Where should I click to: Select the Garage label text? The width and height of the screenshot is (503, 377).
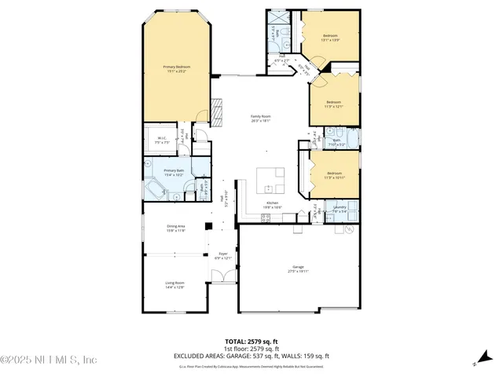point(298,268)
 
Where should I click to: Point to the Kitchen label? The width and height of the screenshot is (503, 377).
point(273,205)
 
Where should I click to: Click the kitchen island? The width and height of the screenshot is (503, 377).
point(273,183)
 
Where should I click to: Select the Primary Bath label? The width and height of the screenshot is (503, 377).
point(174,172)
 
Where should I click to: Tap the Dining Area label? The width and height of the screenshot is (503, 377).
point(175,229)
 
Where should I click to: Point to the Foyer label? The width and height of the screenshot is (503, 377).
point(223,255)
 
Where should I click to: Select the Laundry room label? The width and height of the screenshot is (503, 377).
point(340,208)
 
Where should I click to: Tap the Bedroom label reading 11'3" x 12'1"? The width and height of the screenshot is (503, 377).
point(334,103)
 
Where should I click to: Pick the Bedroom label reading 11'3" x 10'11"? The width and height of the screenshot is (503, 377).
point(334,174)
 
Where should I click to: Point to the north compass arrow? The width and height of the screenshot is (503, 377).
point(475,362)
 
